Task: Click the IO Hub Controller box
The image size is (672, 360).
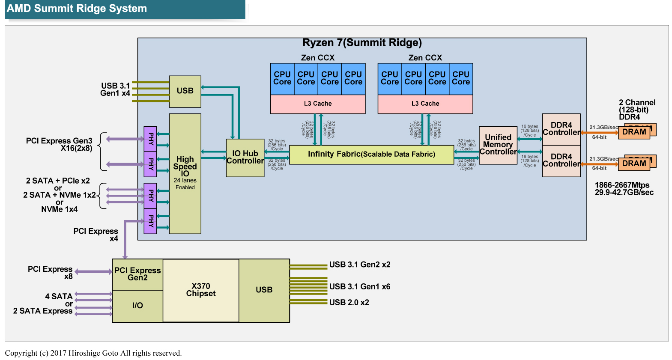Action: point(245,158)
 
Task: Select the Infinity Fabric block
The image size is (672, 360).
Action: point(371,155)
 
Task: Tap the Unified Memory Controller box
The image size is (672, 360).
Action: point(498,145)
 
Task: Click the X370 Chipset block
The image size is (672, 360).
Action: point(201,290)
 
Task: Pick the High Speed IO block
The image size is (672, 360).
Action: point(185,173)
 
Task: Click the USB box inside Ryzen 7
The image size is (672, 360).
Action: point(185,91)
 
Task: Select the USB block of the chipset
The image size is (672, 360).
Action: point(264,290)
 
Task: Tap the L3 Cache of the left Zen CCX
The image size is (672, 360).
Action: point(318,104)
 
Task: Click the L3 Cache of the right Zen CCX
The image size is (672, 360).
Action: point(425,104)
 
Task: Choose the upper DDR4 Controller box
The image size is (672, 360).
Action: point(561,129)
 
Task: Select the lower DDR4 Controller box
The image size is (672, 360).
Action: point(561,161)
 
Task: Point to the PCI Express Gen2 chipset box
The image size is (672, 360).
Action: point(137,274)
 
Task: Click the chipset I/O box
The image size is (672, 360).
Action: point(137,306)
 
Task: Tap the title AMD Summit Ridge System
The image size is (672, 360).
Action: point(77,9)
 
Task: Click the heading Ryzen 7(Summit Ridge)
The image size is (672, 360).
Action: point(362,43)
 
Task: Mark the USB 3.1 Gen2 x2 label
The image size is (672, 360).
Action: point(360,265)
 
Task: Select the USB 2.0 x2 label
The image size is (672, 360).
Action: point(349,303)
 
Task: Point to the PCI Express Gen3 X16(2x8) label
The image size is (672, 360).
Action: point(59,145)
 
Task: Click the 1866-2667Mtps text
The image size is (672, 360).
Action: point(622,185)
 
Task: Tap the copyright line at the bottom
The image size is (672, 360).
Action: point(93,353)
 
